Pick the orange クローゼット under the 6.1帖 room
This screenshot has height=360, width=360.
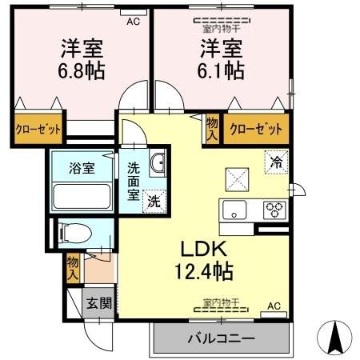click(255, 127)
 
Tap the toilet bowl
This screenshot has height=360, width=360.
click(77, 233)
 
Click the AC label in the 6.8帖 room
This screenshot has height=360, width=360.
click(132, 22)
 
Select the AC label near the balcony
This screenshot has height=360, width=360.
click(274, 306)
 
